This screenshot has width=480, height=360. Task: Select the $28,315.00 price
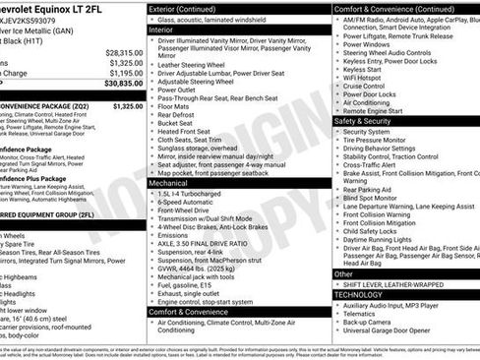point(123,52)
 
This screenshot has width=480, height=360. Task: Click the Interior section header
point(162,30)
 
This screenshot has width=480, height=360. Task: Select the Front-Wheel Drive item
point(186,210)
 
